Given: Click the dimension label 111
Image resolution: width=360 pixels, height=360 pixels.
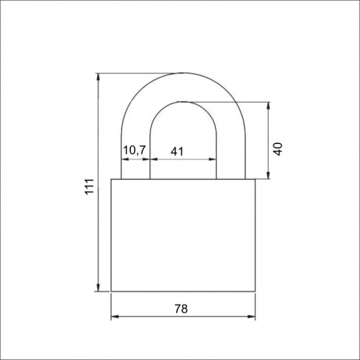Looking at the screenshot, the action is point(90,186).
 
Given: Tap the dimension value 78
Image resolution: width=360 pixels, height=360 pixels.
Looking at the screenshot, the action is point(181,309).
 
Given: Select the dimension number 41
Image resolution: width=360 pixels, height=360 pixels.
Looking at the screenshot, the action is point(177,151).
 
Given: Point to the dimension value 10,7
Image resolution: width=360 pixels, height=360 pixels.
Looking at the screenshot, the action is point(135,150).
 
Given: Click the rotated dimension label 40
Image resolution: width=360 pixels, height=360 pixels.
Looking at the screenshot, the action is point(278,149).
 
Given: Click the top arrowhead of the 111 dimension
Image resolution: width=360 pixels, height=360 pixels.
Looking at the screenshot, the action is point(98,77).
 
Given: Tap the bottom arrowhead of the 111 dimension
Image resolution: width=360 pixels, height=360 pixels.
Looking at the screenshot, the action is point(98,287).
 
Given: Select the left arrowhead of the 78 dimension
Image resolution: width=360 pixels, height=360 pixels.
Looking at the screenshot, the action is point(115,317).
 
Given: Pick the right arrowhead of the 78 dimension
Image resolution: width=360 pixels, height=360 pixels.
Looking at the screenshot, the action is point(251,317).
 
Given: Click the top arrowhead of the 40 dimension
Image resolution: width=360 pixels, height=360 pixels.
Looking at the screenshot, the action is point(269,107).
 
